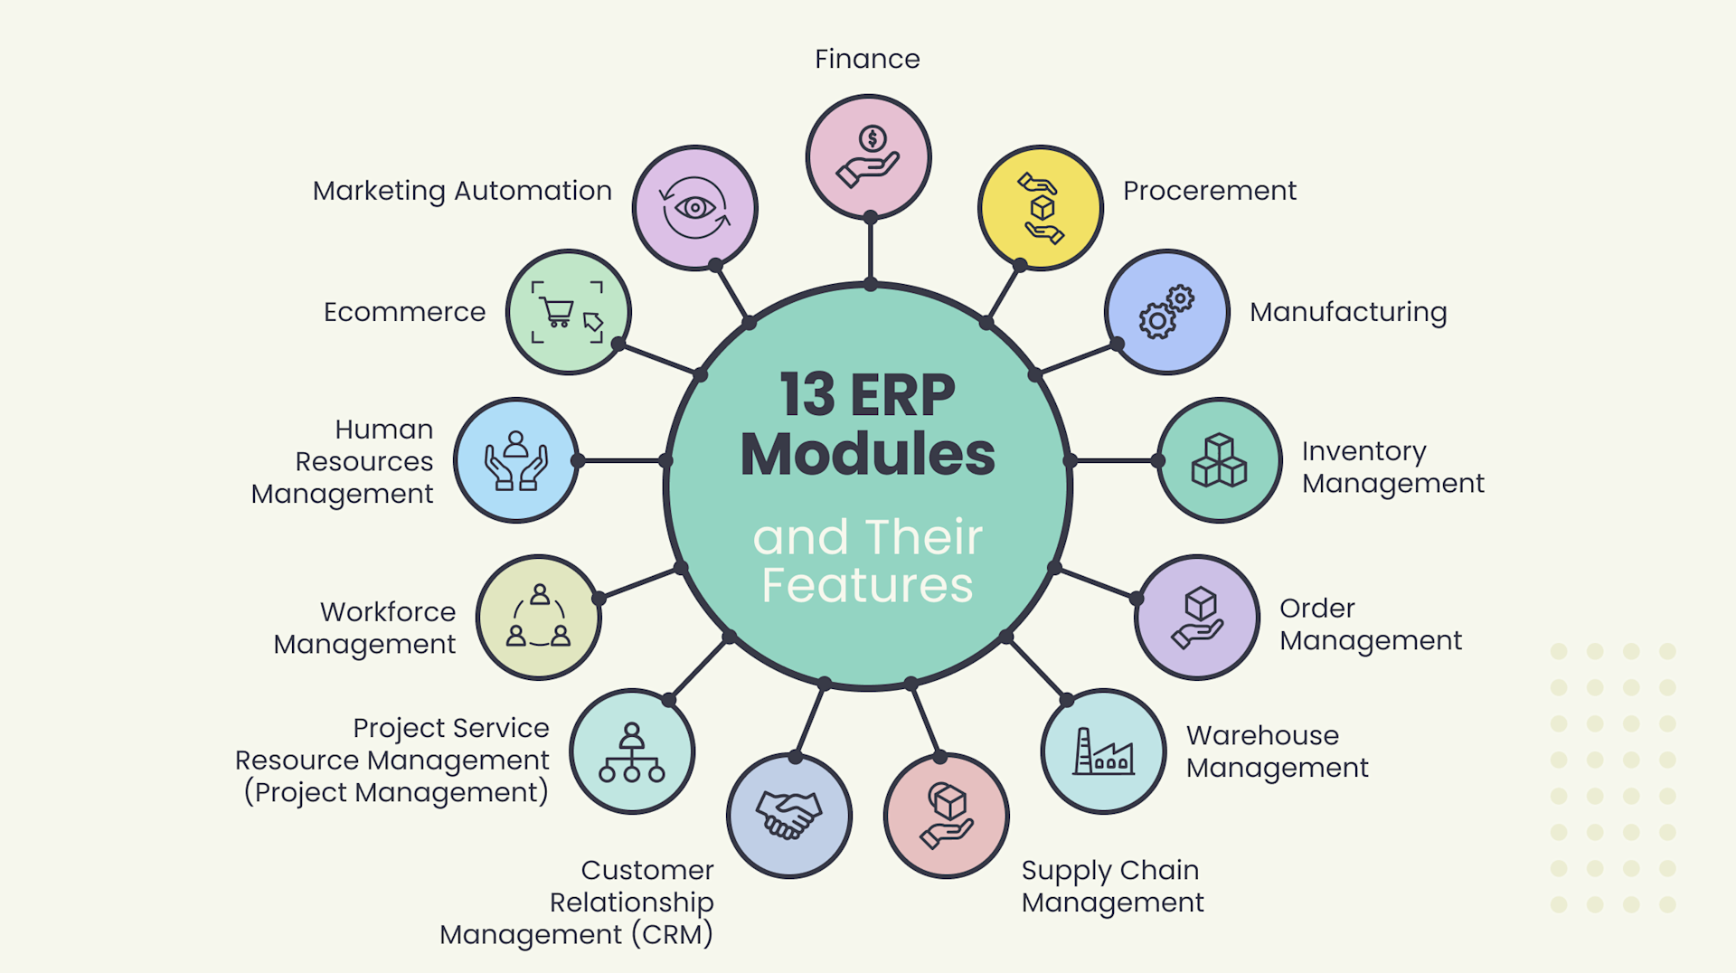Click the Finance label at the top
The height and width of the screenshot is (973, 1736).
(x=867, y=59)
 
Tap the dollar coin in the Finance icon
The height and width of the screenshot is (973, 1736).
(x=873, y=138)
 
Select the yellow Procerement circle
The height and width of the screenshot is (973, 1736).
(x=1040, y=208)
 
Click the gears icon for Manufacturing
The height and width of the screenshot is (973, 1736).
(x=1166, y=312)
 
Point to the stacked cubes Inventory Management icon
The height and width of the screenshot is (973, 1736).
(x=1219, y=460)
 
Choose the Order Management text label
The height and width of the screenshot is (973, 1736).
(x=1370, y=624)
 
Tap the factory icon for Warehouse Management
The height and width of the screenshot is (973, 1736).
(x=1102, y=751)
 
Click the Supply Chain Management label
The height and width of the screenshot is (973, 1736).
(x=1112, y=885)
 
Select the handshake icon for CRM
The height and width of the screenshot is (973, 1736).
(x=788, y=815)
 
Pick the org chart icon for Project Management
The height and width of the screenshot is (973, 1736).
(x=631, y=752)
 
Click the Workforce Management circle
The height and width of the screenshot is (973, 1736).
(x=538, y=618)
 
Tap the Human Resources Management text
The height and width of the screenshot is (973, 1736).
(x=353, y=461)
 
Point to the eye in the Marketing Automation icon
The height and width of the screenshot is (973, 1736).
(x=694, y=208)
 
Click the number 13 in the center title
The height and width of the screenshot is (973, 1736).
(x=807, y=395)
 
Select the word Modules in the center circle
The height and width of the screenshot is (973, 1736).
(x=867, y=454)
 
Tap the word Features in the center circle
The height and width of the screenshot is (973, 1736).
(x=867, y=585)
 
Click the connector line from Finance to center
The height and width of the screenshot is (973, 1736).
(x=870, y=251)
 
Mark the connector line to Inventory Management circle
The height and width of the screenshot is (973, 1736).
(x=1114, y=460)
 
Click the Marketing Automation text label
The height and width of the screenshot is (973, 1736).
(x=462, y=191)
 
